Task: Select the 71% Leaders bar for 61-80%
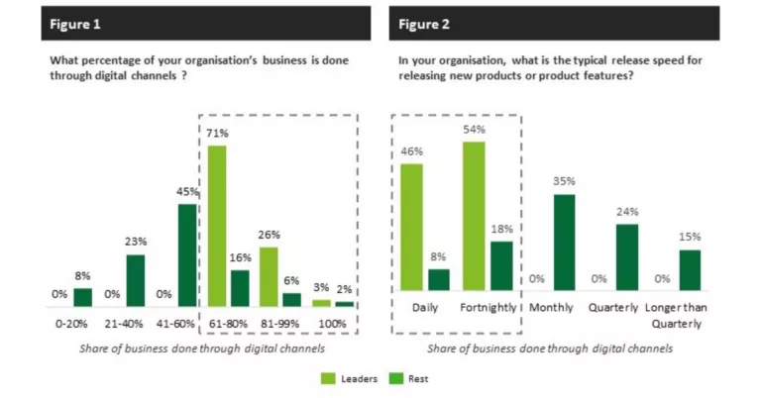(216, 226)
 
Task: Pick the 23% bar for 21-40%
(136, 280)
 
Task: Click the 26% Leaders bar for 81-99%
(268, 276)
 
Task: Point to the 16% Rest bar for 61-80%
(240, 288)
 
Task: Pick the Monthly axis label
(551, 308)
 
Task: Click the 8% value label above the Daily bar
(438, 257)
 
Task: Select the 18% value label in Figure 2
(502, 230)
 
